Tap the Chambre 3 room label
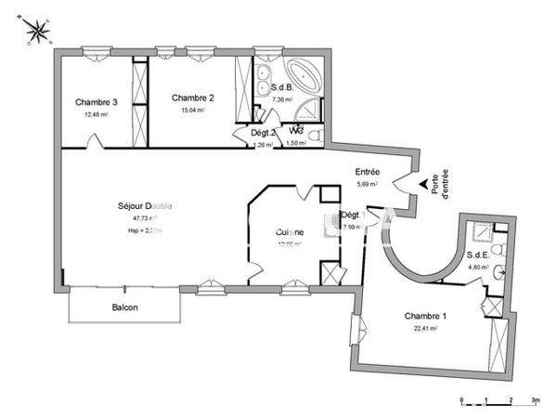(x=97, y=102)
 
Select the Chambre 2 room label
(x=193, y=98)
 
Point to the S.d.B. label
(x=281, y=88)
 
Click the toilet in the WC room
(x=313, y=137)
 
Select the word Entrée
(x=369, y=172)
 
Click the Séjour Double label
(x=145, y=205)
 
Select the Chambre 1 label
(x=425, y=317)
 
